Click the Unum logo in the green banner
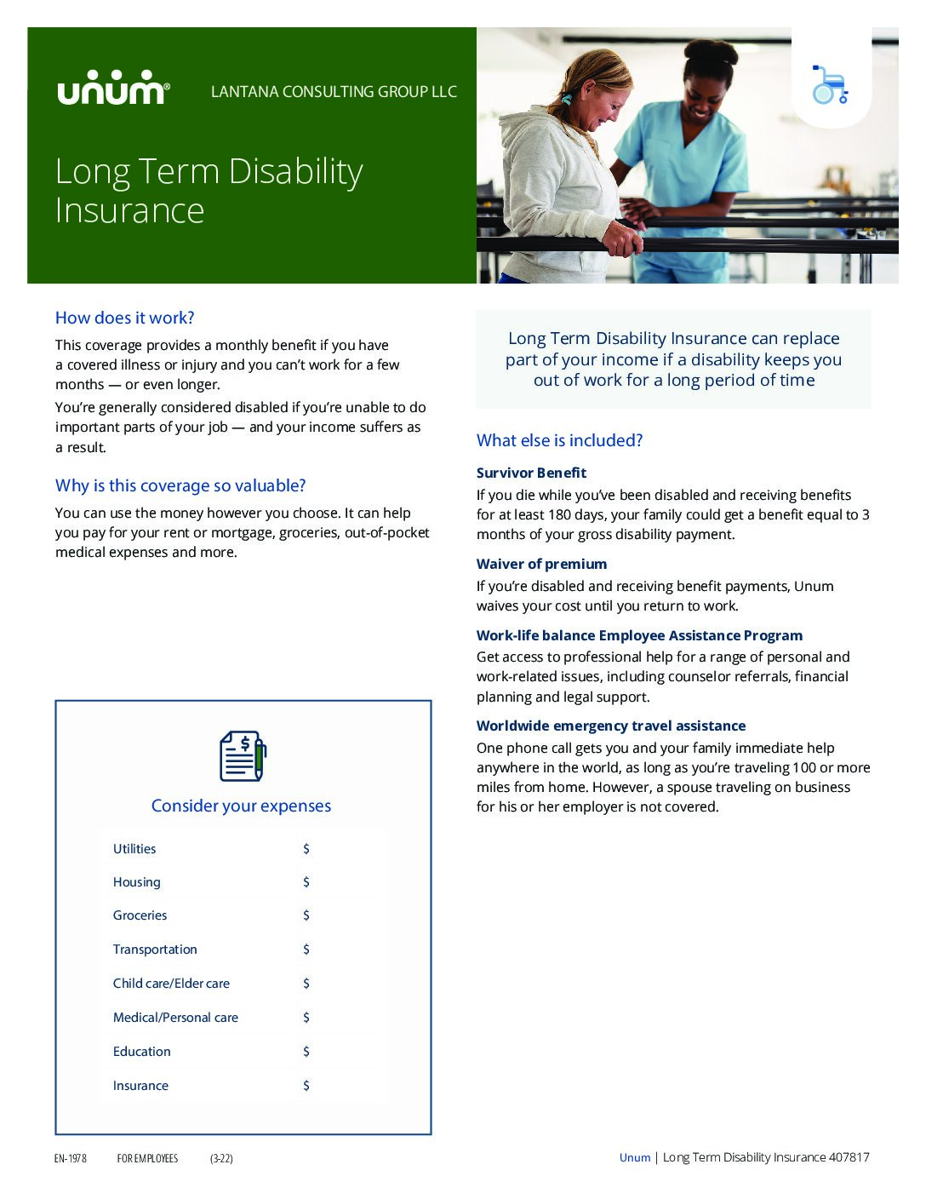(113, 88)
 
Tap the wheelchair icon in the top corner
(830, 85)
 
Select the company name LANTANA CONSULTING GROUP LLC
(334, 92)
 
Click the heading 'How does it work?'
(124, 318)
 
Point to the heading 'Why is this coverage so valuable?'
(180, 485)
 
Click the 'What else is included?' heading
(559, 440)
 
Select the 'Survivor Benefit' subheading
(531, 473)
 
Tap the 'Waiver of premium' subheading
(541, 564)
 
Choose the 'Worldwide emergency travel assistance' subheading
(610, 726)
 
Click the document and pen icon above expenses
(243, 755)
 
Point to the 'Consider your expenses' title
(241, 806)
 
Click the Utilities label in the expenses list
(134, 849)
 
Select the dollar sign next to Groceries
(306, 915)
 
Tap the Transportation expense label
(155, 949)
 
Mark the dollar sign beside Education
(306, 1052)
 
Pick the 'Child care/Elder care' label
(171, 984)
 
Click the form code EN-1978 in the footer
(71, 1158)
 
